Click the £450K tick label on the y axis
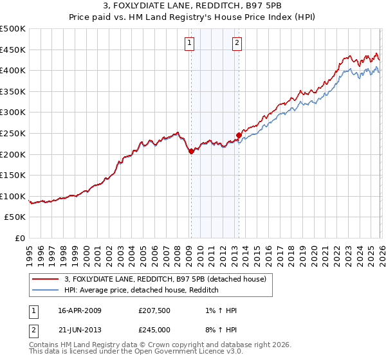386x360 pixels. point(13,50)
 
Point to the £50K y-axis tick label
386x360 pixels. point(15,217)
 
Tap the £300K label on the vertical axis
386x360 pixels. point(13,113)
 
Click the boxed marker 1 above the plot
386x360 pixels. point(190,43)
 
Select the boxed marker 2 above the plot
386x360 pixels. point(237,43)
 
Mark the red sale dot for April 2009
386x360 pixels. point(191,151)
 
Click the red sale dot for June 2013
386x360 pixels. point(239,135)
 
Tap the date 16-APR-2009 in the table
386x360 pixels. point(80,310)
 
